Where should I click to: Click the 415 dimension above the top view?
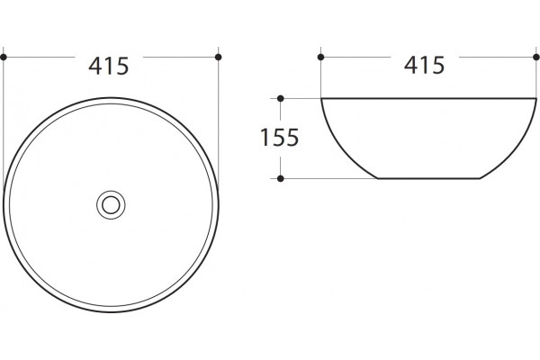tap(109, 66)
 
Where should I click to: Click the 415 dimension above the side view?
tap(424, 65)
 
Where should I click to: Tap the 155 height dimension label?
tap(279, 138)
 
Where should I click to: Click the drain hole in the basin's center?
tap(111, 205)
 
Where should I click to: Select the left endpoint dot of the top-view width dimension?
tap(4, 58)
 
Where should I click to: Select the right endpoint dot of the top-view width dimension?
tap(218, 58)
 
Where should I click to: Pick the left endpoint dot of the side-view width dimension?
tap(321, 58)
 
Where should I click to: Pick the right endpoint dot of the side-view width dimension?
tap(536, 58)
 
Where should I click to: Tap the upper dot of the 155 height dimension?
tap(280, 98)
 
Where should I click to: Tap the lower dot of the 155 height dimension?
tap(280, 178)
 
